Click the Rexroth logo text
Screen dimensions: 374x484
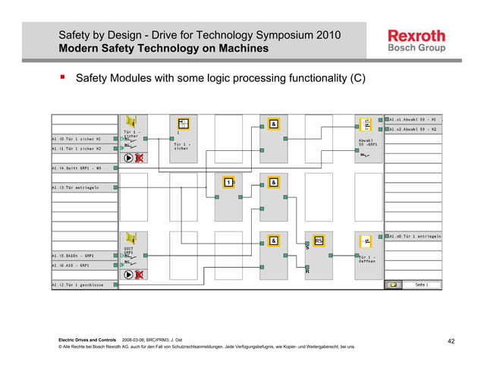(416, 35)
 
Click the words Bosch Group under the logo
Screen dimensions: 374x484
(416, 49)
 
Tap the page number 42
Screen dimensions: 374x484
(451, 341)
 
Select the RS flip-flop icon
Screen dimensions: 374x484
(319, 240)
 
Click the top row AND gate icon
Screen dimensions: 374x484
(273, 124)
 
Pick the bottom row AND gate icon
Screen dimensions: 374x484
(273, 240)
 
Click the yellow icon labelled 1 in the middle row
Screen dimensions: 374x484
(228, 182)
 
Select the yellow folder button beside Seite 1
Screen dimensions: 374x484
(393, 285)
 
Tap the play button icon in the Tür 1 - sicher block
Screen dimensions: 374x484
(127, 158)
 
